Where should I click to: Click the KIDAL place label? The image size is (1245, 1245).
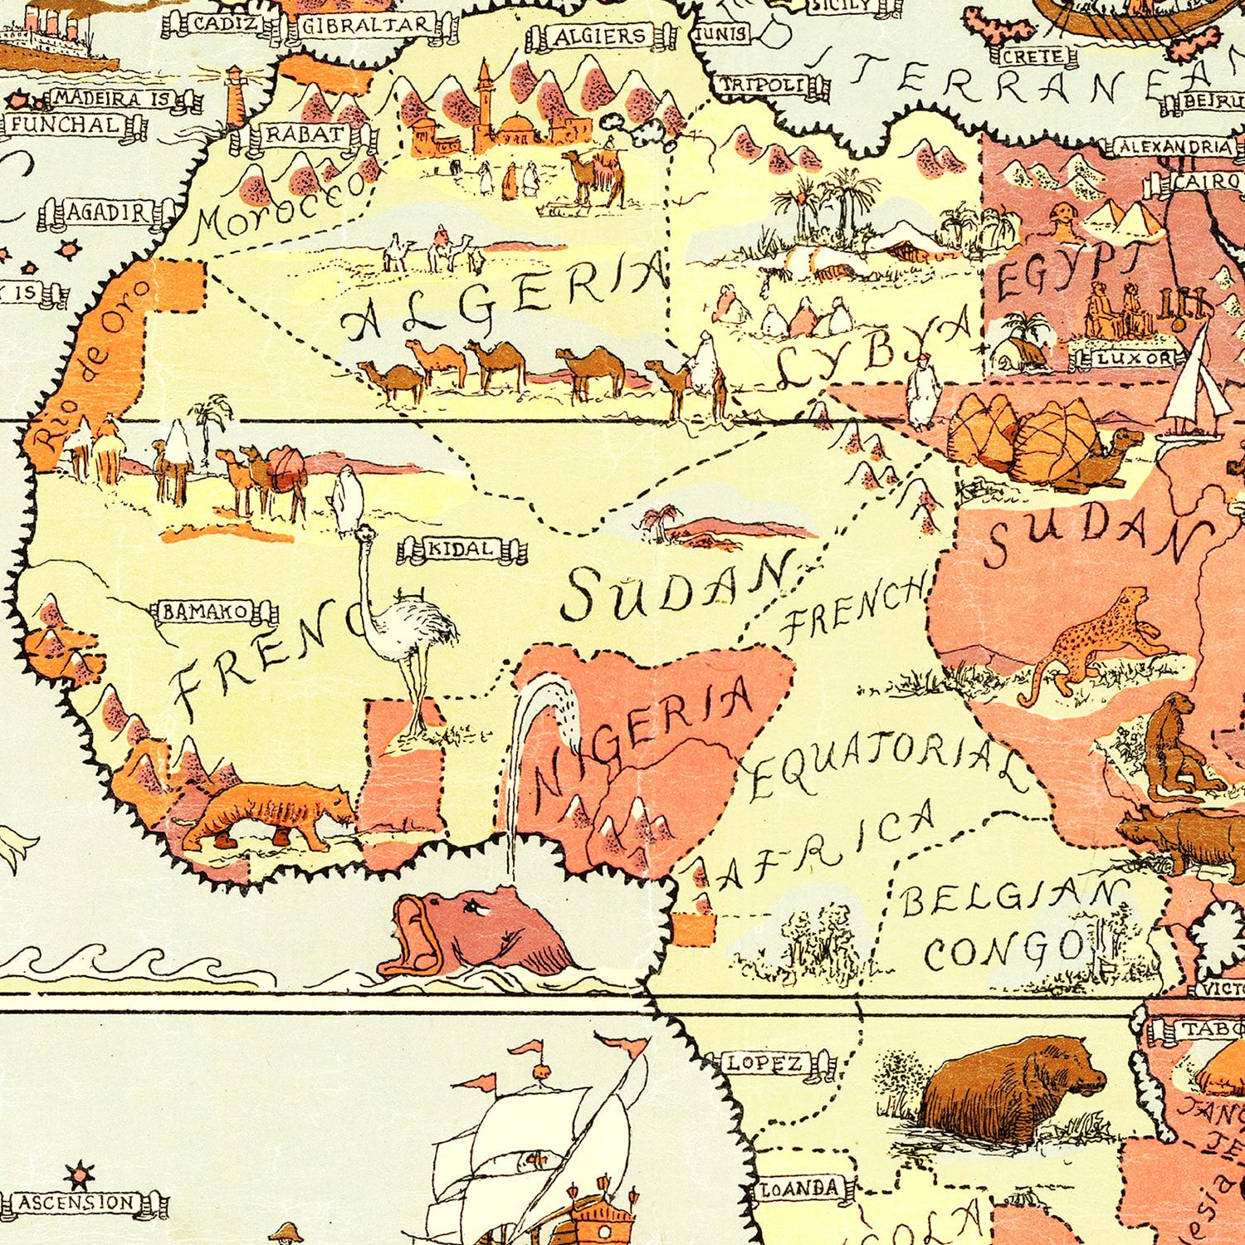pyautogui.click(x=463, y=549)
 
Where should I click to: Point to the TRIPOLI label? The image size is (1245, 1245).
pyautogui.click(x=770, y=85)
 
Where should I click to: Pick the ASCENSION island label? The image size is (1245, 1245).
pyautogui.click(x=77, y=1202)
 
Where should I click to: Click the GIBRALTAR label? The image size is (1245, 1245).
pyautogui.click(x=366, y=26)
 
